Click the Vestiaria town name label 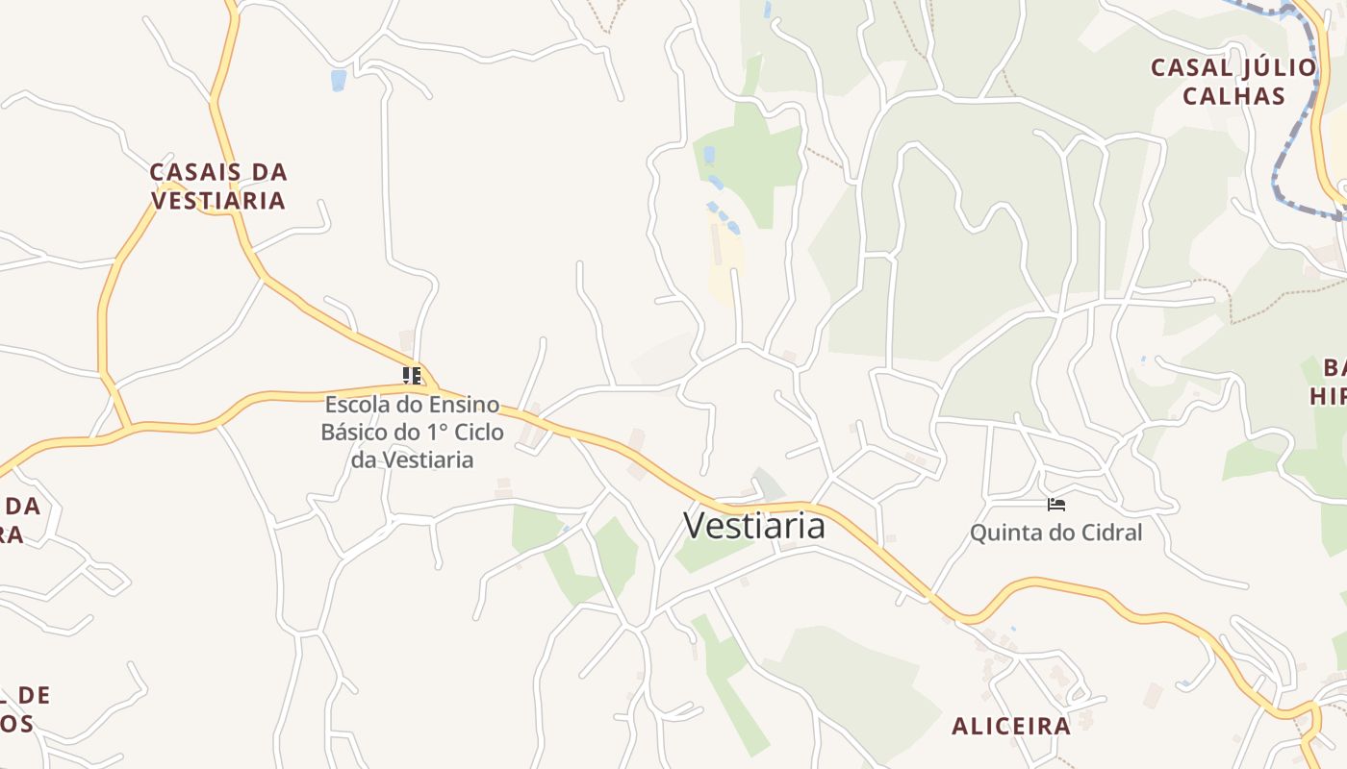[753, 526]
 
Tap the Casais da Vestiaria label [218, 186]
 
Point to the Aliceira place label [1010, 726]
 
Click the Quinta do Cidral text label [1055, 533]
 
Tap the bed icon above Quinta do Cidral [1056, 505]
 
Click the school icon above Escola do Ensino [412, 375]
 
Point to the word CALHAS [1233, 96]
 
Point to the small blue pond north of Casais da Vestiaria [338, 80]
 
